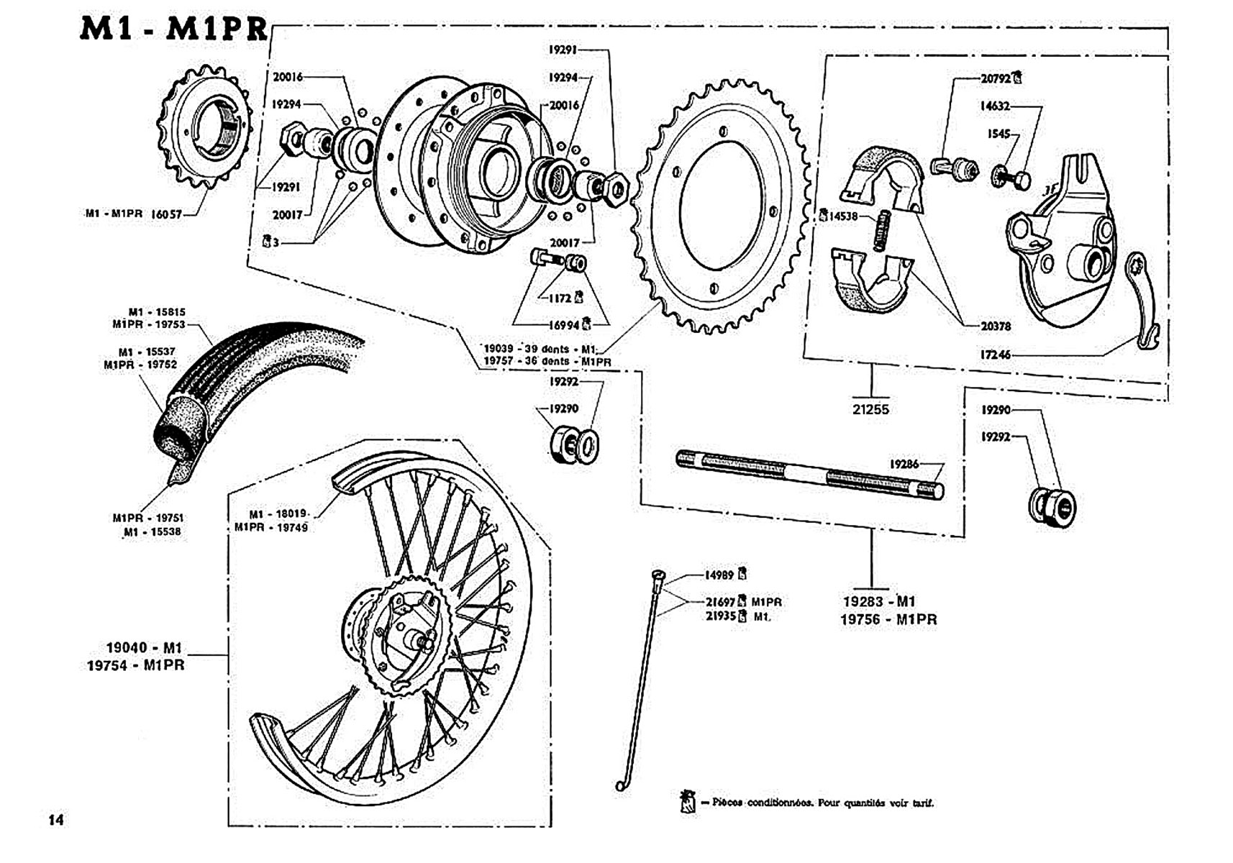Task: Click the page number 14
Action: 56,820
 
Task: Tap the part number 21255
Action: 870,409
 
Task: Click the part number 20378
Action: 996,327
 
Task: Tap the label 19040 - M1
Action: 145,647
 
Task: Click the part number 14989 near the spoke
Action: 719,575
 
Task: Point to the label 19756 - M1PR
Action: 889,620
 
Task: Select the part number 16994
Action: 564,325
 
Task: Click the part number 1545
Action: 998,134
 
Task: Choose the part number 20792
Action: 996,78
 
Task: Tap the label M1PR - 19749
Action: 271,527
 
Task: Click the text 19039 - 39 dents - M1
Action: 540,349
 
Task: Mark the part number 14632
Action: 995,106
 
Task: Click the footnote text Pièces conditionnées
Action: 763,803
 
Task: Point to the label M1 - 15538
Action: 152,532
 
